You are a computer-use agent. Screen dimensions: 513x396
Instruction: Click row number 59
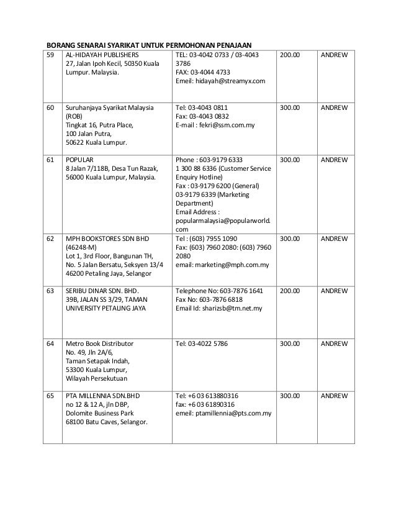coord(50,55)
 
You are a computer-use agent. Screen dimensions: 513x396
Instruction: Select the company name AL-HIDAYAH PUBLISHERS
coord(102,55)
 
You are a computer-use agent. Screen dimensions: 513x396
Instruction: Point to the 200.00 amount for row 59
coord(289,55)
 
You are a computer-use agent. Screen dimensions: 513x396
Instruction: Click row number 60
coord(50,107)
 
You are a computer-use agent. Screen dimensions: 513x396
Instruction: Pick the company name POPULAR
coord(79,159)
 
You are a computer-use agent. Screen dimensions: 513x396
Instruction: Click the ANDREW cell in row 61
coord(333,159)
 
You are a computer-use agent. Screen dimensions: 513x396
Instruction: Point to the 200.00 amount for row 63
coord(289,290)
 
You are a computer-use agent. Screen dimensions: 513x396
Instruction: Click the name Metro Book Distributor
coord(99,342)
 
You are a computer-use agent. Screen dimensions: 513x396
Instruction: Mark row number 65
coord(50,395)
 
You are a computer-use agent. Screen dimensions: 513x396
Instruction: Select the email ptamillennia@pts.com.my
coord(232,412)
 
